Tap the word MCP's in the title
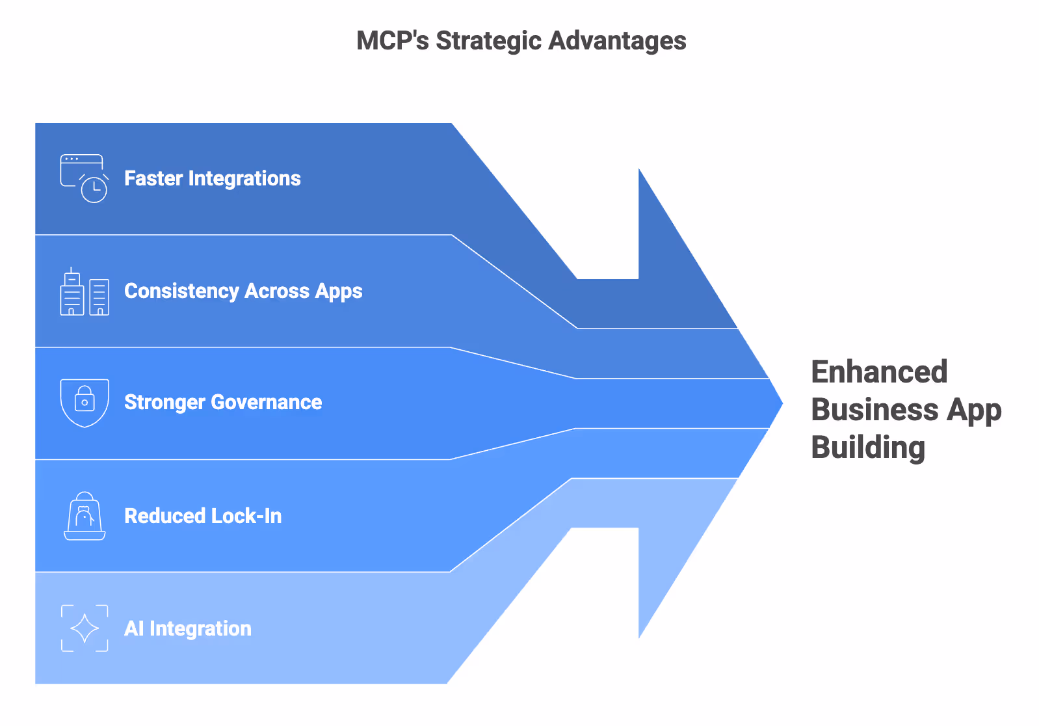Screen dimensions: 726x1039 (392, 41)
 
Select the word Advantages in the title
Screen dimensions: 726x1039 (617, 41)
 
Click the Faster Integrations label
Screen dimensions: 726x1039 (212, 178)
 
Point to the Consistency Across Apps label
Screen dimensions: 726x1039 (243, 291)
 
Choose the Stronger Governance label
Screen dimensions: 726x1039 (222, 403)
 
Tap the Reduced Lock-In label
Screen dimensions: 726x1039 (203, 516)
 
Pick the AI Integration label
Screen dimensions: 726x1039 (187, 628)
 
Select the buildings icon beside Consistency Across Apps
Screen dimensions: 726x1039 (85, 292)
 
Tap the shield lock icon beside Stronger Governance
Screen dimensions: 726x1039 (85, 403)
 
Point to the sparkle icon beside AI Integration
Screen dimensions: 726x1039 (85, 628)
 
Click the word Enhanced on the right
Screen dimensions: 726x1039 (879, 373)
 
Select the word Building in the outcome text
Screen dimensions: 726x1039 (868, 448)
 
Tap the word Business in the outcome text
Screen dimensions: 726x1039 (875, 410)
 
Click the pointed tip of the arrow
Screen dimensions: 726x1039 (780, 403)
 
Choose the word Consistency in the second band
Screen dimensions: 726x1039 (181, 291)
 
